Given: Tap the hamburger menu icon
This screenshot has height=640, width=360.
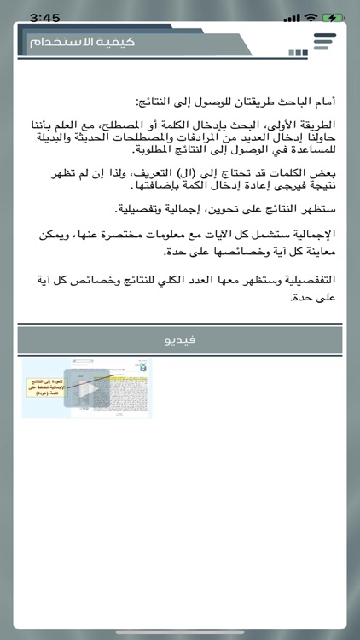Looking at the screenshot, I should pyautogui.click(x=325, y=42).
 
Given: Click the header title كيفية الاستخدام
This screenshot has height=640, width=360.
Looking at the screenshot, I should pyautogui.click(x=82, y=42).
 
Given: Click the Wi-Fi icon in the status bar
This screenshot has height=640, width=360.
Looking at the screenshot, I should pyautogui.click(x=311, y=17).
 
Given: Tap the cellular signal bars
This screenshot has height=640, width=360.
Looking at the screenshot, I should pyautogui.click(x=292, y=17).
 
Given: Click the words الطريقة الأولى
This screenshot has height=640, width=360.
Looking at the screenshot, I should pyautogui.click(x=305, y=124).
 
